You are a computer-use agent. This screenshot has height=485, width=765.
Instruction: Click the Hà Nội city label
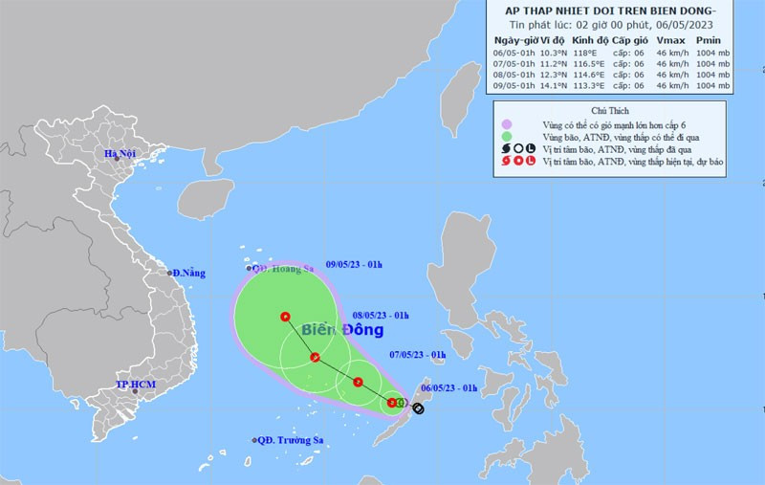tap(122, 154)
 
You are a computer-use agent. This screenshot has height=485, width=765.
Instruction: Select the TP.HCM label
tap(135, 385)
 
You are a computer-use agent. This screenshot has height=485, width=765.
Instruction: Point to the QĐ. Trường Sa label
tap(288, 440)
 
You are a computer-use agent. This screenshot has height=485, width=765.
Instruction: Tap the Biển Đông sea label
tap(342, 330)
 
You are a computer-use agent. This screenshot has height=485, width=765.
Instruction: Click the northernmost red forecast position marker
tap(285, 316)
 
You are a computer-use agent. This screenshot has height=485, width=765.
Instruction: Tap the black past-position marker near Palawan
tap(418, 408)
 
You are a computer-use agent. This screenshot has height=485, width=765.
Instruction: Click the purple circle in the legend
tap(506, 125)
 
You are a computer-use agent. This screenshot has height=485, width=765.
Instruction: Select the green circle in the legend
tap(506, 138)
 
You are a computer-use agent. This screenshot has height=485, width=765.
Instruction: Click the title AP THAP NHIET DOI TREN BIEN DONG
tap(615, 10)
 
